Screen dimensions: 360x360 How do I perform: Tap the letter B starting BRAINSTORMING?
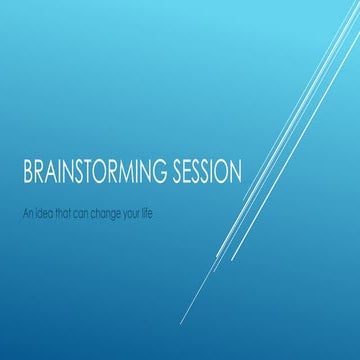(27, 172)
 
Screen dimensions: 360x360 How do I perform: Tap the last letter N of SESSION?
(234, 172)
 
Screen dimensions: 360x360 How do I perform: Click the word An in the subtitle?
(26, 212)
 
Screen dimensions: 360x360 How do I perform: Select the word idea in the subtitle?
(43, 212)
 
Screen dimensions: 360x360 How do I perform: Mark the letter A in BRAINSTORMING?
(51, 172)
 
